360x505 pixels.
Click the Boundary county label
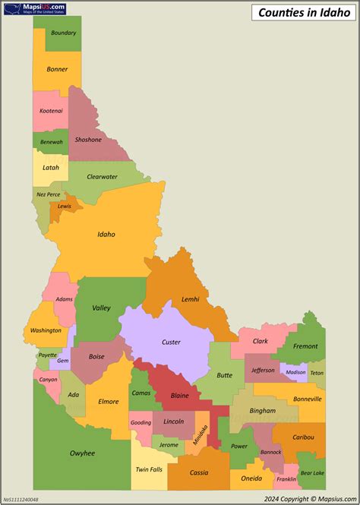click(64, 33)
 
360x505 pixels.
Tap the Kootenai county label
click(52, 110)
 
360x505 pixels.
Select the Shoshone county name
click(88, 140)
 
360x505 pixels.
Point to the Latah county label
click(51, 167)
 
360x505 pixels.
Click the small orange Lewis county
click(65, 206)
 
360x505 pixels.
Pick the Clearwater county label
click(102, 176)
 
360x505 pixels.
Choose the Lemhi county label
click(191, 299)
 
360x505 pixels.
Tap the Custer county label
click(171, 342)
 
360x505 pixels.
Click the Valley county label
click(101, 308)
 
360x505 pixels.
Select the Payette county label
click(47, 355)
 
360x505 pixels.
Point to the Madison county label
click(295, 372)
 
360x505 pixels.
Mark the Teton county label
click(317, 373)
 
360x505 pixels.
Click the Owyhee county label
click(82, 453)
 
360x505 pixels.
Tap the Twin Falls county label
click(148, 469)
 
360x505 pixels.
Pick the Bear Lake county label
click(312, 472)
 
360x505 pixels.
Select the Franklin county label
click(286, 479)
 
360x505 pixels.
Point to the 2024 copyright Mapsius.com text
click(311, 498)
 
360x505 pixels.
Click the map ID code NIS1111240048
click(20, 499)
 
